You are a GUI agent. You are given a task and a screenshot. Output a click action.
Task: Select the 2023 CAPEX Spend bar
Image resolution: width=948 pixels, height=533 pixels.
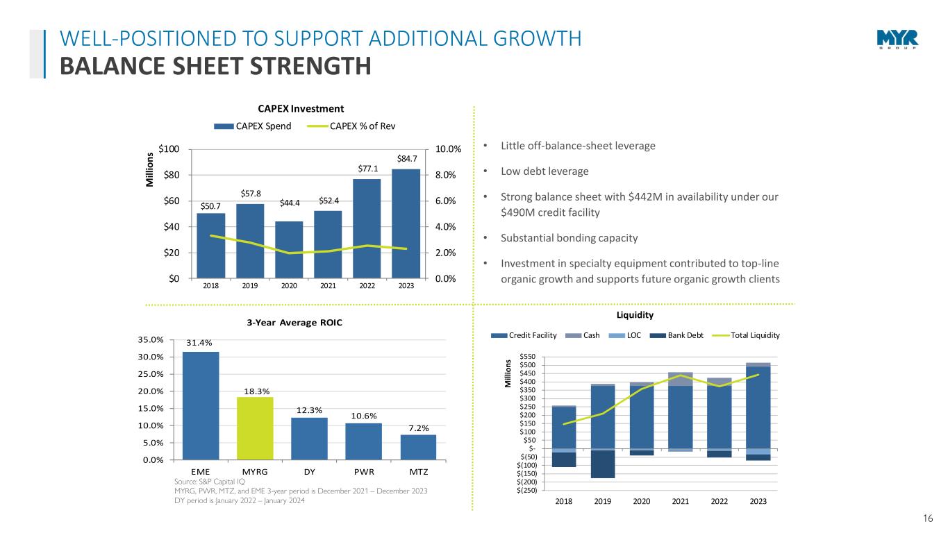pyautogui.click(x=406, y=223)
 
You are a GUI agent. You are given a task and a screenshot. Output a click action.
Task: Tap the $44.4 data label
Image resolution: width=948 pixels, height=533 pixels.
pyautogui.click(x=289, y=203)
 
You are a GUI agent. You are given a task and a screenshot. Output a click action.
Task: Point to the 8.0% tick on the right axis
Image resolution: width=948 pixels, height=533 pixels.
pyautogui.click(x=448, y=175)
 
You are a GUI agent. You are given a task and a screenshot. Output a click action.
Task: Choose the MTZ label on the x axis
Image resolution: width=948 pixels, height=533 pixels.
pyautogui.click(x=418, y=472)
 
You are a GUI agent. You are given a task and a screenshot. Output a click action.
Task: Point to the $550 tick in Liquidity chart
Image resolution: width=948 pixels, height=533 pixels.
pyautogui.click(x=526, y=357)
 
